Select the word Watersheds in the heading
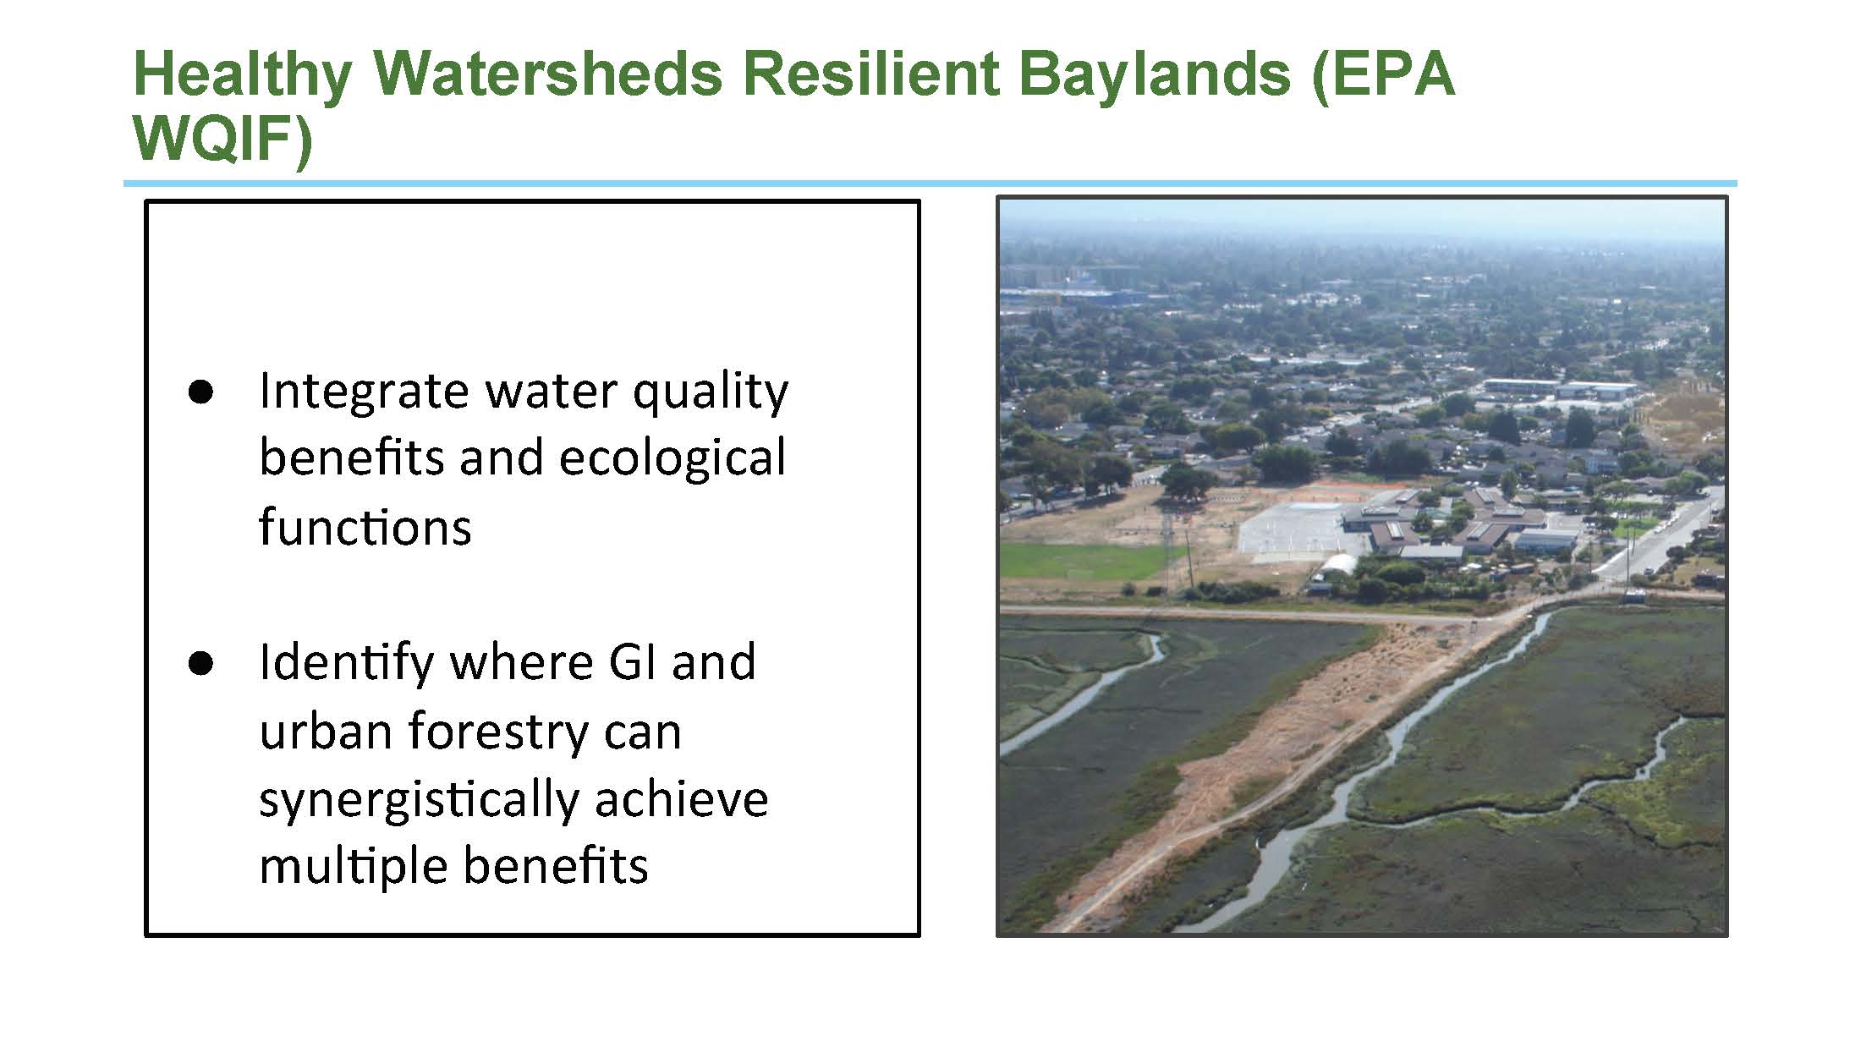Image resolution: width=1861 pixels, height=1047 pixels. pyautogui.click(x=548, y=74)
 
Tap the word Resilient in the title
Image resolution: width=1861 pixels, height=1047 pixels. pyautogui.click(x=871, y=74)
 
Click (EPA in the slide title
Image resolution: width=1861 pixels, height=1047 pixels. pyautogui.click(x=1383, y=75)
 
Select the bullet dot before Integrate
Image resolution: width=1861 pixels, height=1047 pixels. pyautogui.click(x=200, y=393)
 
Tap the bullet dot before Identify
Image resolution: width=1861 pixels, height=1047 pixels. pyautogui.click(x=200, y=664)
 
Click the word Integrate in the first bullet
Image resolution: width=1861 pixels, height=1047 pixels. pyautogui.click(x=364, y=393)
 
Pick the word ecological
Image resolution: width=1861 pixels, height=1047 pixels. pyautogui.click(x=672, y=459)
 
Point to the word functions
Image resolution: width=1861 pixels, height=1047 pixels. pyautogui.click(x=365, y=526)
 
